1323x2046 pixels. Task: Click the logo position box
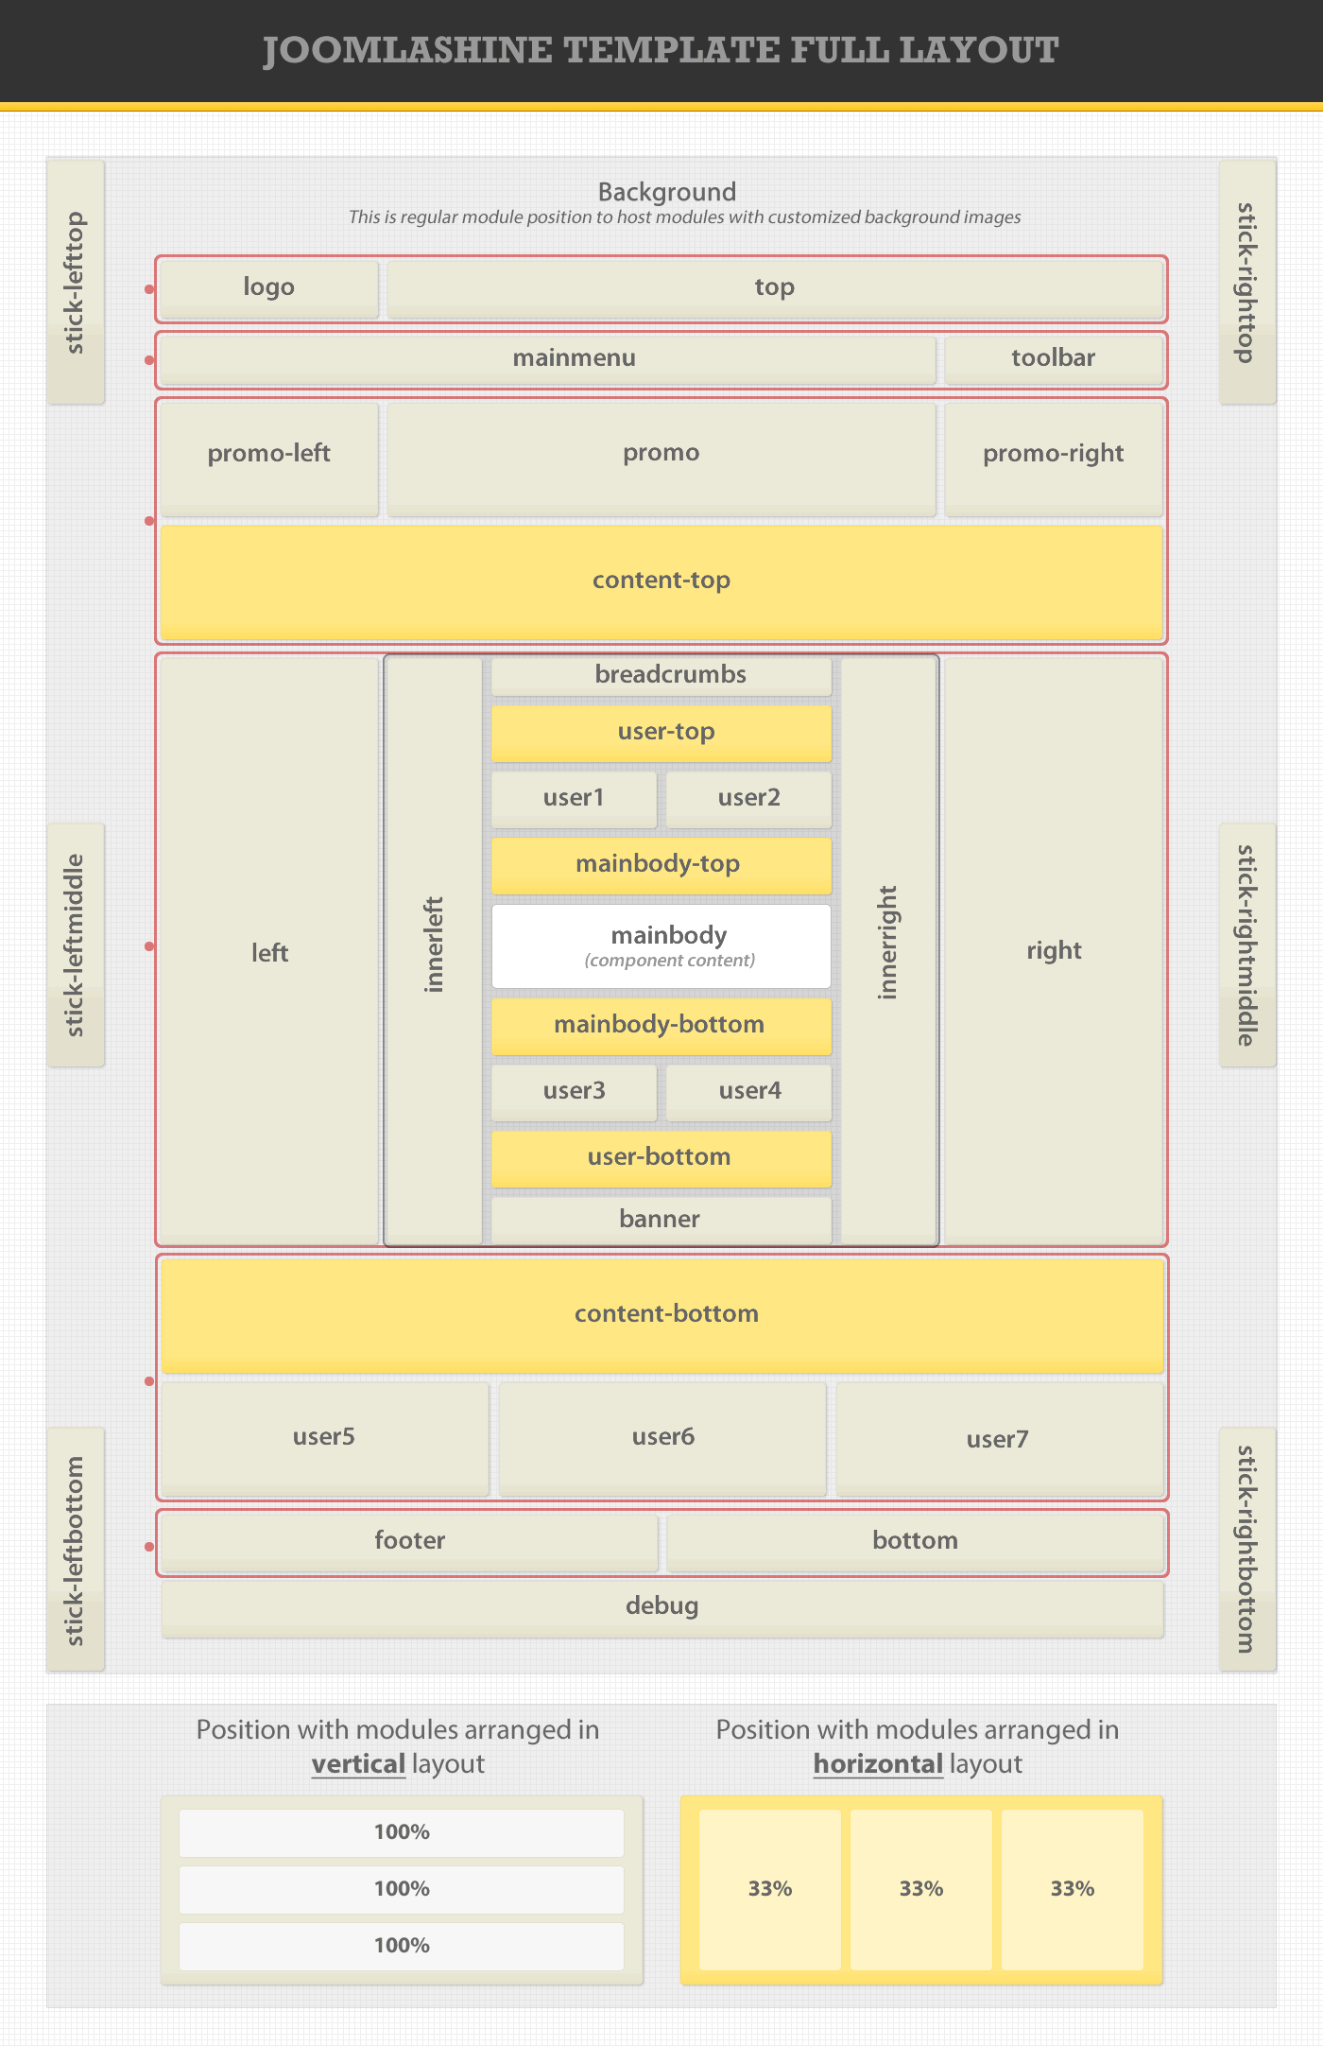coord(269,288)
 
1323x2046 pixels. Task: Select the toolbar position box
coord(1053,358)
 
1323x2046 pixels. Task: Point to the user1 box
coord(574,798)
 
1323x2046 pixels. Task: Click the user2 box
coord(748,798)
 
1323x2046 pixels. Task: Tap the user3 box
coord(574,1091)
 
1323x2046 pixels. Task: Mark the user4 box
coord(748,1091)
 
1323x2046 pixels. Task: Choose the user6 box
coord(662,1437)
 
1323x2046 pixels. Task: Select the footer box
coord(409,1541)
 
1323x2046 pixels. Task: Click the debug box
coord(661,1606)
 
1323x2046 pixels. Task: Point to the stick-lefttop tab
coord(76,282)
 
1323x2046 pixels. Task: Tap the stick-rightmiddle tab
coord(1247,945)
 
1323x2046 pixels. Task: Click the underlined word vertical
coord(358,1764)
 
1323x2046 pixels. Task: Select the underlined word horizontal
coord(878,1764)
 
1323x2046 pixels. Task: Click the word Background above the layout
coord(666,192)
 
